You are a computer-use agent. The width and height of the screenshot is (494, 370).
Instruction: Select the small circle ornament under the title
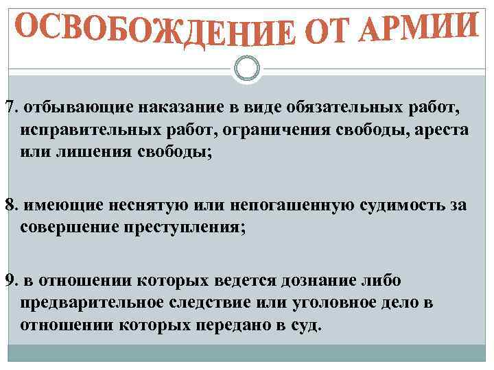pyautogui.click(x=246, y=67)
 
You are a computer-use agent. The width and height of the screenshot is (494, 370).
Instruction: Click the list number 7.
pyautogui.click(x=10, y=108)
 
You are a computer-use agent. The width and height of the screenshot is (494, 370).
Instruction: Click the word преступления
pyautogui.click(x=182, y=227)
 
